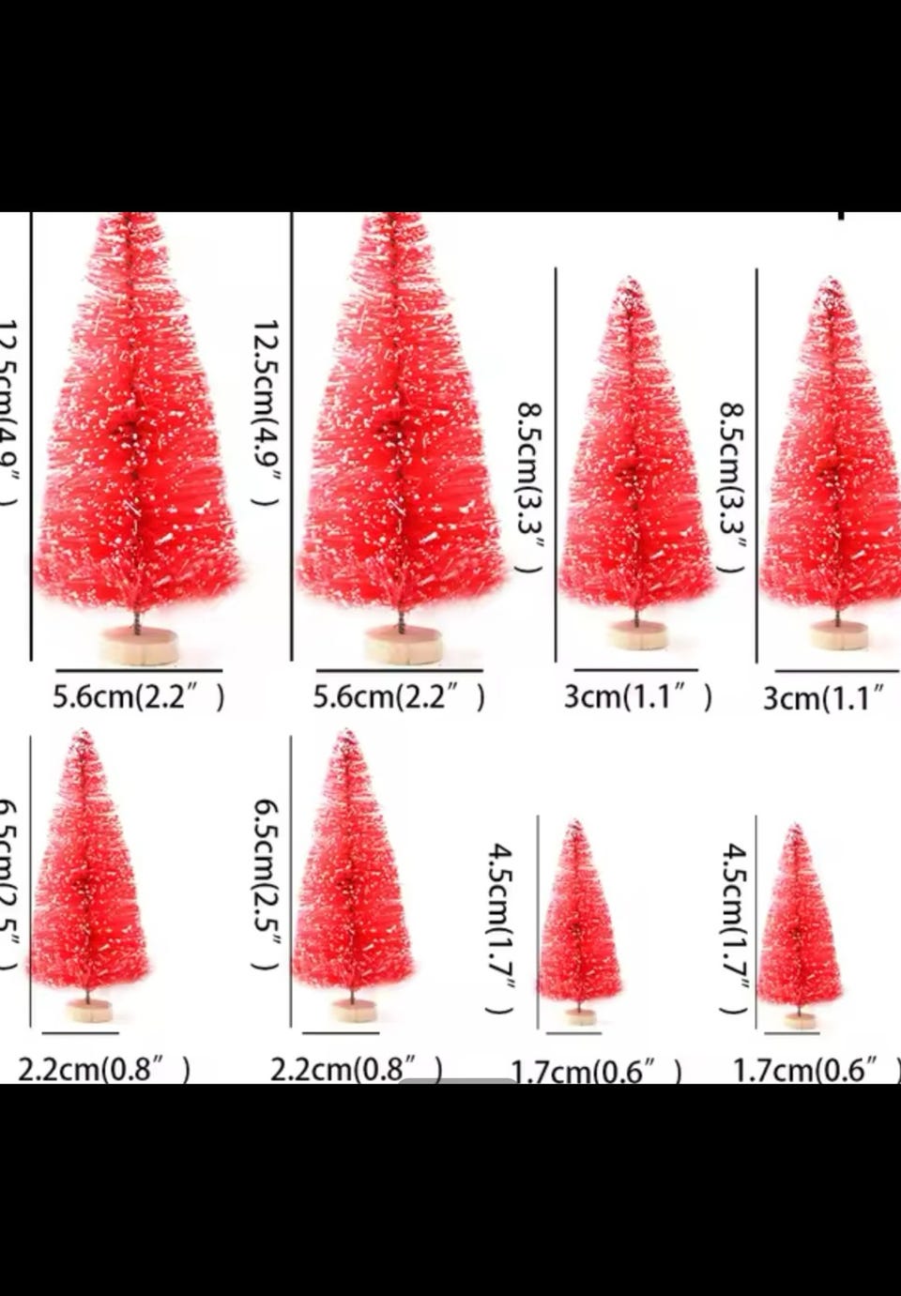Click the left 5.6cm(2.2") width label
click(x=138, y=697)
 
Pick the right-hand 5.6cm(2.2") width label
click(x=399, y=697)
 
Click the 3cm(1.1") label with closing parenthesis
click(x=637, y=697)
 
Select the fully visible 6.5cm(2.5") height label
click(x=267, y=885)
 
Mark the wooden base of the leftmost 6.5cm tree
click(x=90, y=1010)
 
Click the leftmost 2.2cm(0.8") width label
click(x=104, y=1069)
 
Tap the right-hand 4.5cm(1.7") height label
click(x=735, y=927)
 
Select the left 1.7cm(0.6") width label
click(x=595, y=1071)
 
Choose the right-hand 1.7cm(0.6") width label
click(x=815, y=1070)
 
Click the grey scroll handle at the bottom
click(x=457, y=1080)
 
